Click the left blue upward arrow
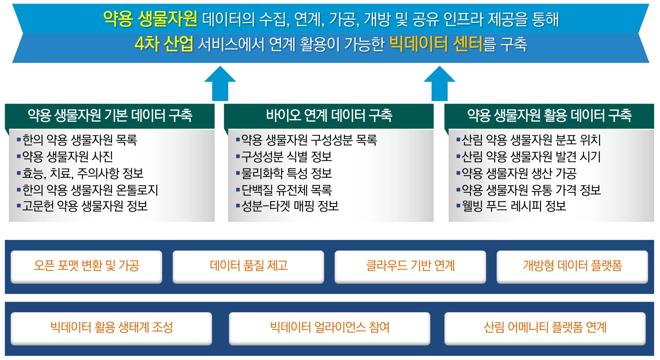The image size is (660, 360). pyautogui.click(x=220, y=84)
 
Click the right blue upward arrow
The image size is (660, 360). pyautogui.click(x=439, y=84)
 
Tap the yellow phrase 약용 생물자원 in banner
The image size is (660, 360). pyautogui.click(x=150, y=19)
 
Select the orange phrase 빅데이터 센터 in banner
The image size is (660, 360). pyautogui.click(x=436, y=44)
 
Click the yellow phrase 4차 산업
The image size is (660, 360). pyautogui.click(x=164, y=44)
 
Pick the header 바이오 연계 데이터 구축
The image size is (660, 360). pyautogui.click(x=329, y=115)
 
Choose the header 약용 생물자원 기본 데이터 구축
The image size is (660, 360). pyautogui.click(x=110, y=115)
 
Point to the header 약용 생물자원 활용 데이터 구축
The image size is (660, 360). pyautogui.click(x=549, y=115)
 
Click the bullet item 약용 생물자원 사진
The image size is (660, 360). pyautogui.click(x=68, y=157)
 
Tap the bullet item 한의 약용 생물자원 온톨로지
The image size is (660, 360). pyautogui.click(x=90, y=190)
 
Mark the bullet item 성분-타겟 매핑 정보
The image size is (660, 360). pyautogui.click(x=290, y=206)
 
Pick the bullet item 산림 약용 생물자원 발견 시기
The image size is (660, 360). pyautogui.click(x=531, y=157)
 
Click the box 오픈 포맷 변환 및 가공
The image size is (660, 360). pyautogui.click(x=86, y=266)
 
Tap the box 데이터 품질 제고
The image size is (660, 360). pyautogui.click(x=249, y=266)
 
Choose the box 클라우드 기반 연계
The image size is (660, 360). pyautogui.click(x=410, y=266)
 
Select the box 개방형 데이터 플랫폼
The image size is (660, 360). pyautogui.click(x=572, y=266)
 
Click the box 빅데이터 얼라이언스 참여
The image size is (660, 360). pyautogui.click(x=329, y=328)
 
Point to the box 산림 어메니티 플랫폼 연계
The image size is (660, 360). pyautogui.click(x=545, y=328)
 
